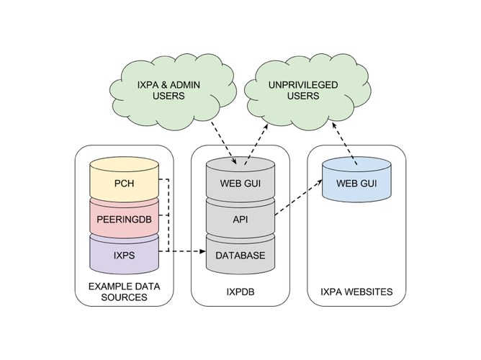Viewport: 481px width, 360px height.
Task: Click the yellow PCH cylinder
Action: point(124,183)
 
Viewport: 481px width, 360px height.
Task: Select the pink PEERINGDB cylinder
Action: point(124,217)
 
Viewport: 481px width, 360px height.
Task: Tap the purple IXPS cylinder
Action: point(124,256)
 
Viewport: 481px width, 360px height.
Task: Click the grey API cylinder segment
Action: point(240,219)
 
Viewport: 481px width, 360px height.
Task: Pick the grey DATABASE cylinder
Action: point(240,256)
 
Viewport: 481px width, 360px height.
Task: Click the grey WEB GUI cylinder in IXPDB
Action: point(240,183)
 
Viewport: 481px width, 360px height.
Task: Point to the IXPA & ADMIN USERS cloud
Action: point(168,90)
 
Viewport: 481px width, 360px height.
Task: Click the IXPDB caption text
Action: point(240,292)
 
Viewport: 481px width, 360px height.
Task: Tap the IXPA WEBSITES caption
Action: point(356,292)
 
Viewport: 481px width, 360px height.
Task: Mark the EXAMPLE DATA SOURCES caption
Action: point(123,292)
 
